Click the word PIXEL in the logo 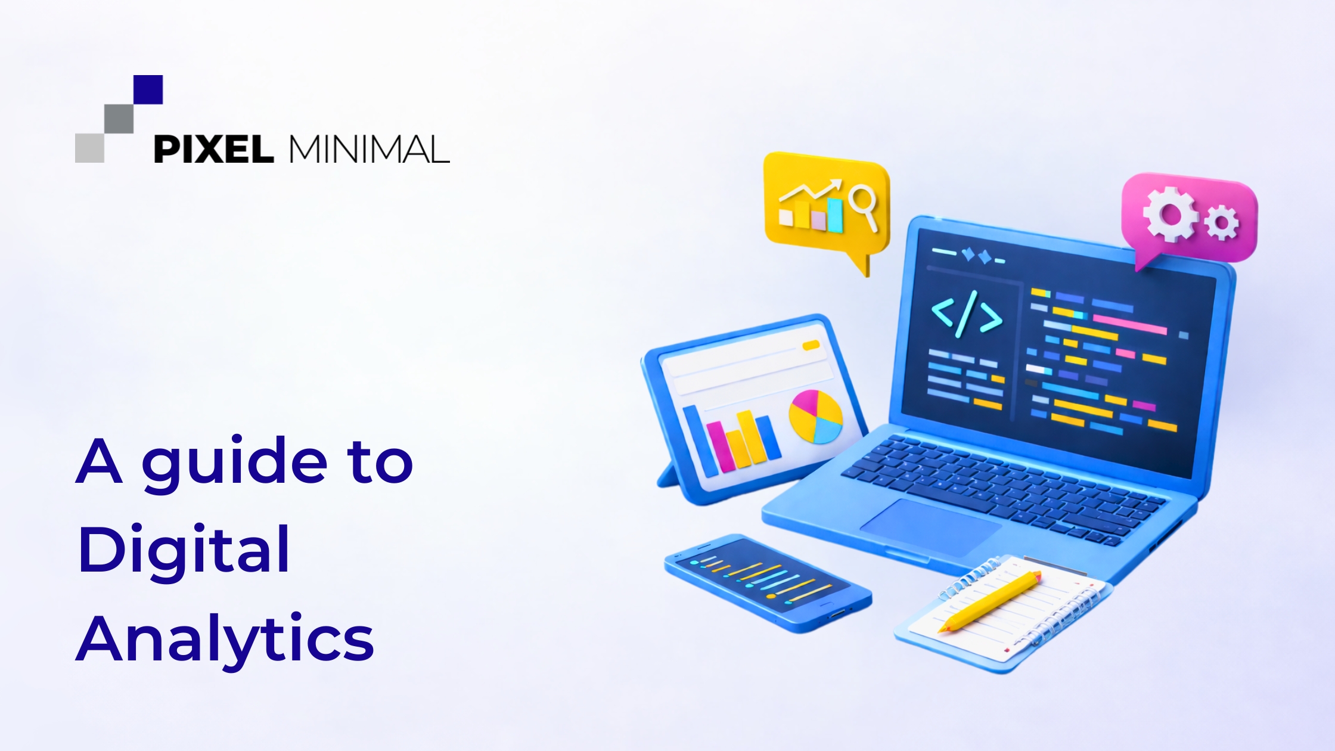pyautogui.click(x=213, y=149)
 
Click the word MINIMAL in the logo pyautogui.click(x=370, y=149)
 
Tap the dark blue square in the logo pyautogui.click(x=148, y=89)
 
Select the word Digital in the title pyautogui.click(x=184, y=550)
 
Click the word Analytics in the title pyautogui.click(x=225, y=639)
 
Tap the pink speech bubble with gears pyautogui.click(x=1190, y=218)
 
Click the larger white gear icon pyautogui.click(x=1169, y=215)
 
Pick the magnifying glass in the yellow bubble pyautogui.click(x=863, y=204)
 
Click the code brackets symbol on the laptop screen pyautogui.click(x=966, y=314)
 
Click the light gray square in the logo pyautogui.click(x=89, y=148)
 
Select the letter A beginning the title pyautogui.click(x=99, y=461)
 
